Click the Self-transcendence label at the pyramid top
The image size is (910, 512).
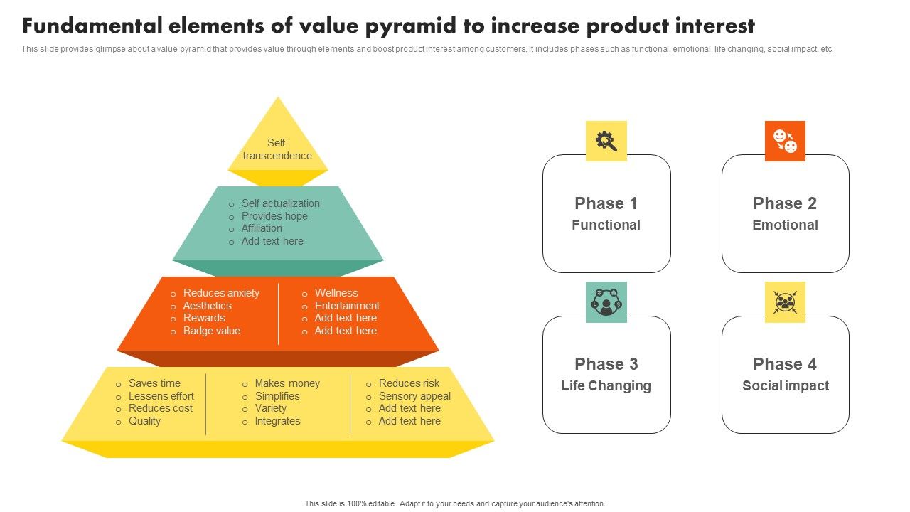click(x=277, y=149)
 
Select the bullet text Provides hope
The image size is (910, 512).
click(x=274, y=216)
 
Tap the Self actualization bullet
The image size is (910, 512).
click(x=280, y=203)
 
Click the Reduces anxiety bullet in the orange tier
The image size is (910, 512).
click(x=221, y=293)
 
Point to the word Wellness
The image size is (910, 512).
click(x=336, y=293)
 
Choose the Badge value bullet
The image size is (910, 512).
click(x=211, y=331)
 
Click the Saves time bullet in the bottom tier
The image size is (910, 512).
click(x=154, y=383)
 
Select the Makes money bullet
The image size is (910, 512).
click(x=287, y=383)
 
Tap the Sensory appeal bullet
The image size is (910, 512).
click(x=414, y=396)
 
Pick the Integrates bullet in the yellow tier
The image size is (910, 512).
click(x=277, y=421)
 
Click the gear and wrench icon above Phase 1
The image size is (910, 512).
click(x=606, y=141)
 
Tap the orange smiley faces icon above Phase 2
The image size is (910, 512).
click(x=785, y=141)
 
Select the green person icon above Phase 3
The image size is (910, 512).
click(x=606, y=302)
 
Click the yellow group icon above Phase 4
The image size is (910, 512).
click(x=785, y=302)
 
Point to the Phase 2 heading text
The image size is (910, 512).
click(x=785, y=203)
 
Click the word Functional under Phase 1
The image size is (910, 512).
click(x=606, y=225)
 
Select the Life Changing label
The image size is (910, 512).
click(x=606, y=385)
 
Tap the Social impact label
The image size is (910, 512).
click(x=785, y=385)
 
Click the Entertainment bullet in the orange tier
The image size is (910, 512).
click(x=347, y=306)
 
